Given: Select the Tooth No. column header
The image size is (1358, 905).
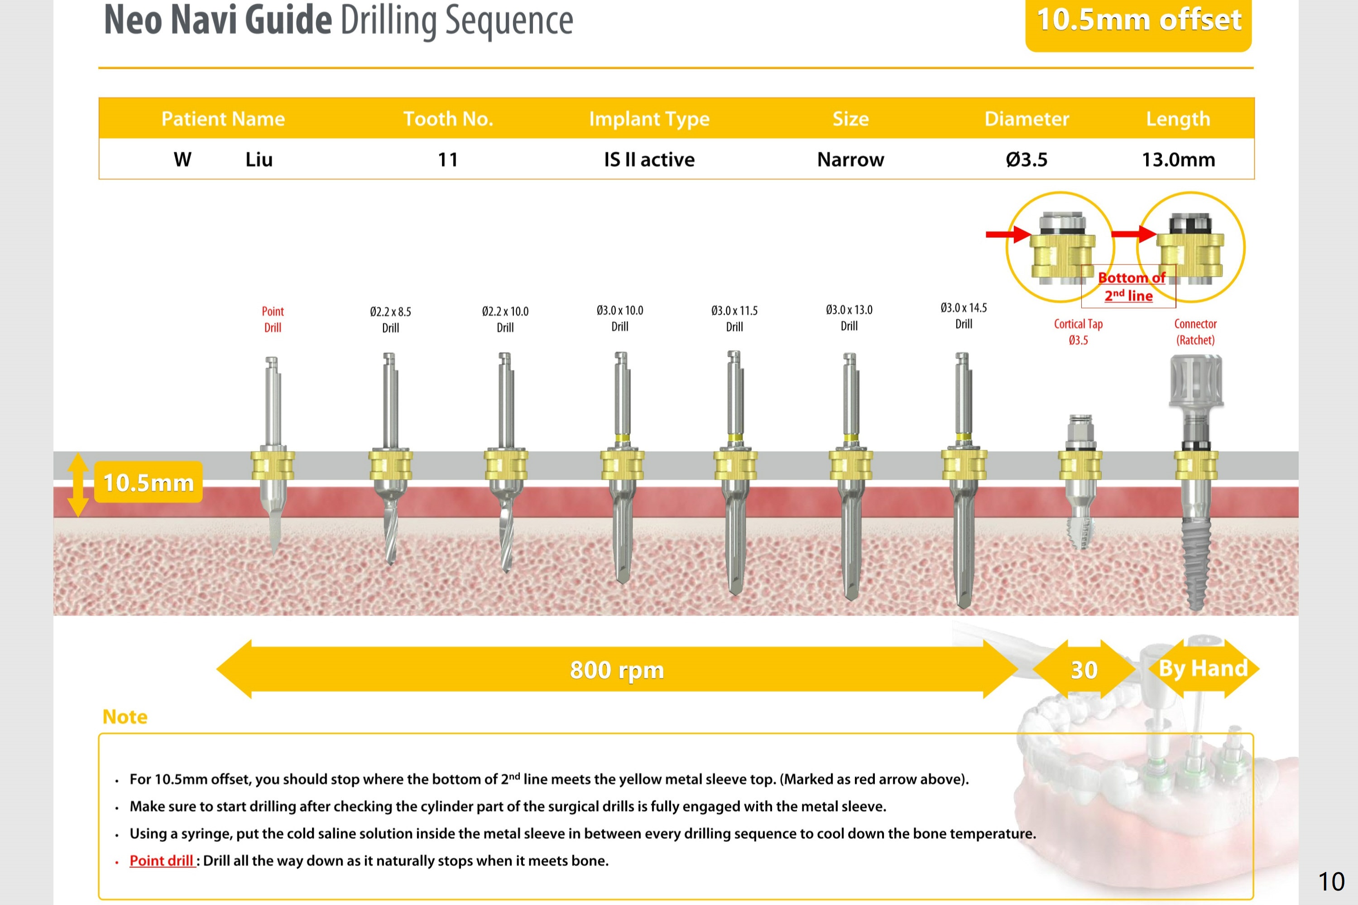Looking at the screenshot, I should tap(448, 119).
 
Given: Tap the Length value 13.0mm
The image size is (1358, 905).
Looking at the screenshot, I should tap(1178, 159).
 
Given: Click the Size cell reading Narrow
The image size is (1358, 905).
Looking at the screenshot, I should tap(850, 159).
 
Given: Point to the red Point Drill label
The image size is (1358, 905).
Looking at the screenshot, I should tap(273, 319).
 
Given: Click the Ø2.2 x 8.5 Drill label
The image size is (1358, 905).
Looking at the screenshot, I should tap(390, 320).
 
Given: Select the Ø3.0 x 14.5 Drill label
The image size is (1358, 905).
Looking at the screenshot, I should tap(964, 316).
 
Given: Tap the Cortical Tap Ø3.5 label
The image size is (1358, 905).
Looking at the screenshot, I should tap(1078, 332).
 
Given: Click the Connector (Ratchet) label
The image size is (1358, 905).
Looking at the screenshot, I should tap(1195, 332).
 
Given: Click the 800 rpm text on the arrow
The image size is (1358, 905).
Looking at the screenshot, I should tap(617, 670).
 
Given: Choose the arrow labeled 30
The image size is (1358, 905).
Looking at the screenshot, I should tap(1084, 670).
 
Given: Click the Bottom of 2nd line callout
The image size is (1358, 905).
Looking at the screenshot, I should tap(1129, 287).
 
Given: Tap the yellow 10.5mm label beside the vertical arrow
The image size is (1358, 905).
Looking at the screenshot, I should tap(148, 482).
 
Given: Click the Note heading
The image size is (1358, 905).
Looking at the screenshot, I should tap(125, 717).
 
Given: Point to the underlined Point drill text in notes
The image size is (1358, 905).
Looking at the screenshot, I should tap(162, 861).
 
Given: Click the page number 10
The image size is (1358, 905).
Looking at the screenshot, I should tap(1331, 882).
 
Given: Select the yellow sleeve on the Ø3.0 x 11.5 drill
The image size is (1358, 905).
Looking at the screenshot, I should tap(735, 465).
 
